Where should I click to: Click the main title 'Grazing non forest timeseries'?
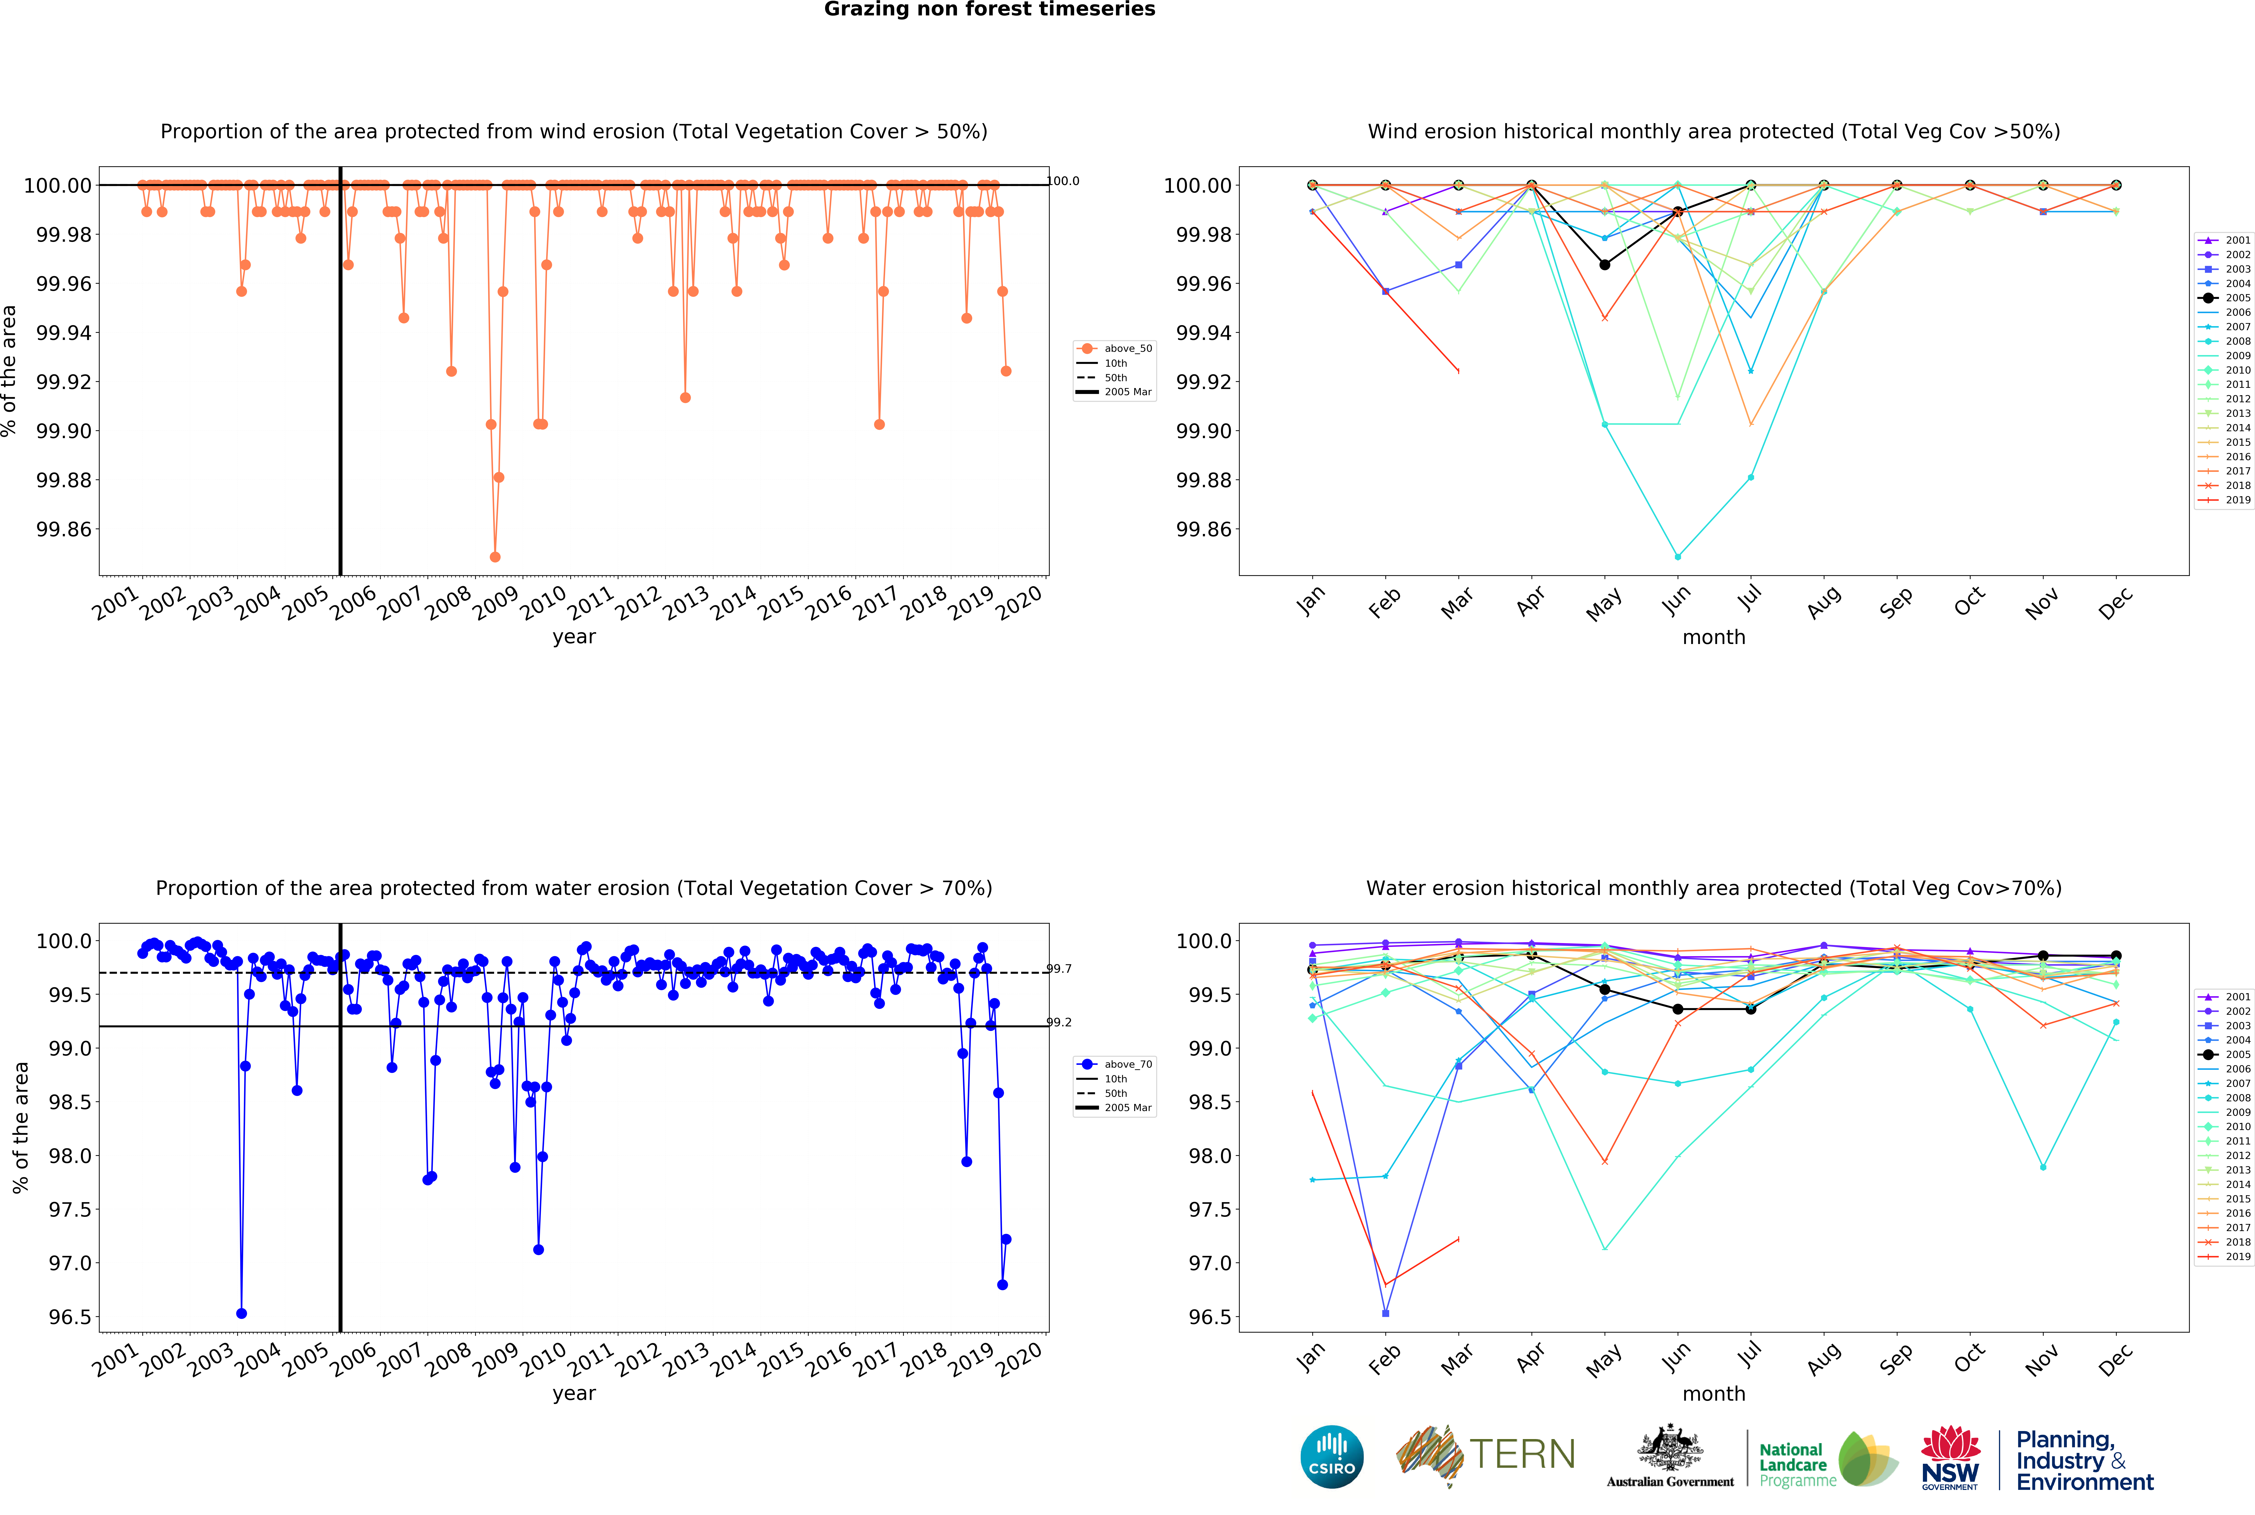pyautogui.click(x=989, y=10)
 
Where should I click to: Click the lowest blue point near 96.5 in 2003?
pyautogui.click(x=241, y=1313)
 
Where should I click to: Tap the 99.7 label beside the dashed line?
pyautogui.click(x=1059, y=968)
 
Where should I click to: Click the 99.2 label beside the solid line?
pyautogui.click(x=1059, y=1022)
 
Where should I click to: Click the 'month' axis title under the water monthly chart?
pyautogui.click(x=1713, y=1393)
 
